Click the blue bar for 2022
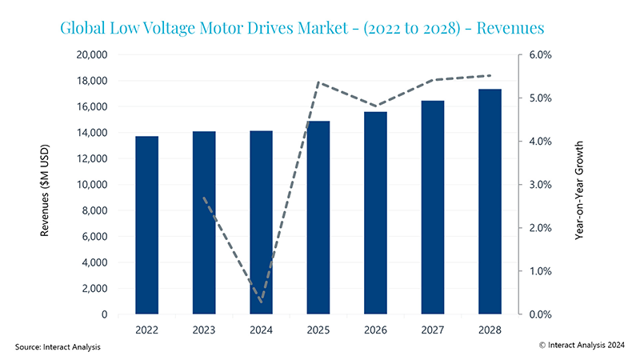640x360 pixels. pos(146,226)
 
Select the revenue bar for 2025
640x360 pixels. pos(318,218)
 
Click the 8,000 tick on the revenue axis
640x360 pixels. pos(94,210)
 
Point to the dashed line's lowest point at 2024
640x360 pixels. pos(262,302)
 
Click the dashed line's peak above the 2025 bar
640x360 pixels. pos(318,82)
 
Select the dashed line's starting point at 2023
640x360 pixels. pos(204,198)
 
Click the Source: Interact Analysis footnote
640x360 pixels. pos(58,346)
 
